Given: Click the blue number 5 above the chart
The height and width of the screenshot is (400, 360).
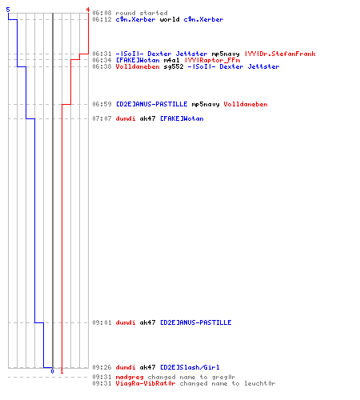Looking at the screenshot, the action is [8, 10].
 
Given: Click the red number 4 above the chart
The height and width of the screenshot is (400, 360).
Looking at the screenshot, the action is [88, 10].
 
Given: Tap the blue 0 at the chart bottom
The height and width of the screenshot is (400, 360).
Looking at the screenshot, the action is [52, 371].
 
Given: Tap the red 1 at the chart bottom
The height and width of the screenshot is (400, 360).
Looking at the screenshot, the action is [62, 371].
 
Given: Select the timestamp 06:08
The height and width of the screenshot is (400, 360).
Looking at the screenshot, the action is [102, 13].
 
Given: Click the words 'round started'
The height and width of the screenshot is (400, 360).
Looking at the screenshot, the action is [142, 13].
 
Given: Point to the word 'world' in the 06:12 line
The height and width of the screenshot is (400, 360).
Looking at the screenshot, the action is [170, 19].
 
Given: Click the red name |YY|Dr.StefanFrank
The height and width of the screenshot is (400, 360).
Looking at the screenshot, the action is [280, 54].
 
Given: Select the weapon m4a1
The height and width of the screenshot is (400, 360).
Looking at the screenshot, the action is [171, 60].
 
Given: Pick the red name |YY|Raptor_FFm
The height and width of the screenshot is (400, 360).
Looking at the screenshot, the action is [212, 60].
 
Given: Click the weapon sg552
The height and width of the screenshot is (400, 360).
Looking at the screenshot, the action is [174, 66].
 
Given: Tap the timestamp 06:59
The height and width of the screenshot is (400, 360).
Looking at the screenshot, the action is [102, 104].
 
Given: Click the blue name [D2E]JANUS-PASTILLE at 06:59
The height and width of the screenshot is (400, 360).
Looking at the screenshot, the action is [151, 104].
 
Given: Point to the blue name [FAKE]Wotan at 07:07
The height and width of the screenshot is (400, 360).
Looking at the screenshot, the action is [182, 118].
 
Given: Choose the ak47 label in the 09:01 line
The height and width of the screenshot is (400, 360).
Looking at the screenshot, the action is [147, 322].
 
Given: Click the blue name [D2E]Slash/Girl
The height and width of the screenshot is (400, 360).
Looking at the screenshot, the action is [190, 367].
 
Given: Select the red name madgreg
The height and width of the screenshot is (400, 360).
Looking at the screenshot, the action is [130, 378].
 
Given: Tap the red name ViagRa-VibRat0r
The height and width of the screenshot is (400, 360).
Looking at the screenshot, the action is [146, 384].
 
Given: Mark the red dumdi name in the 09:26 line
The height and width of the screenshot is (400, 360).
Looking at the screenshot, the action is [126, 367].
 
